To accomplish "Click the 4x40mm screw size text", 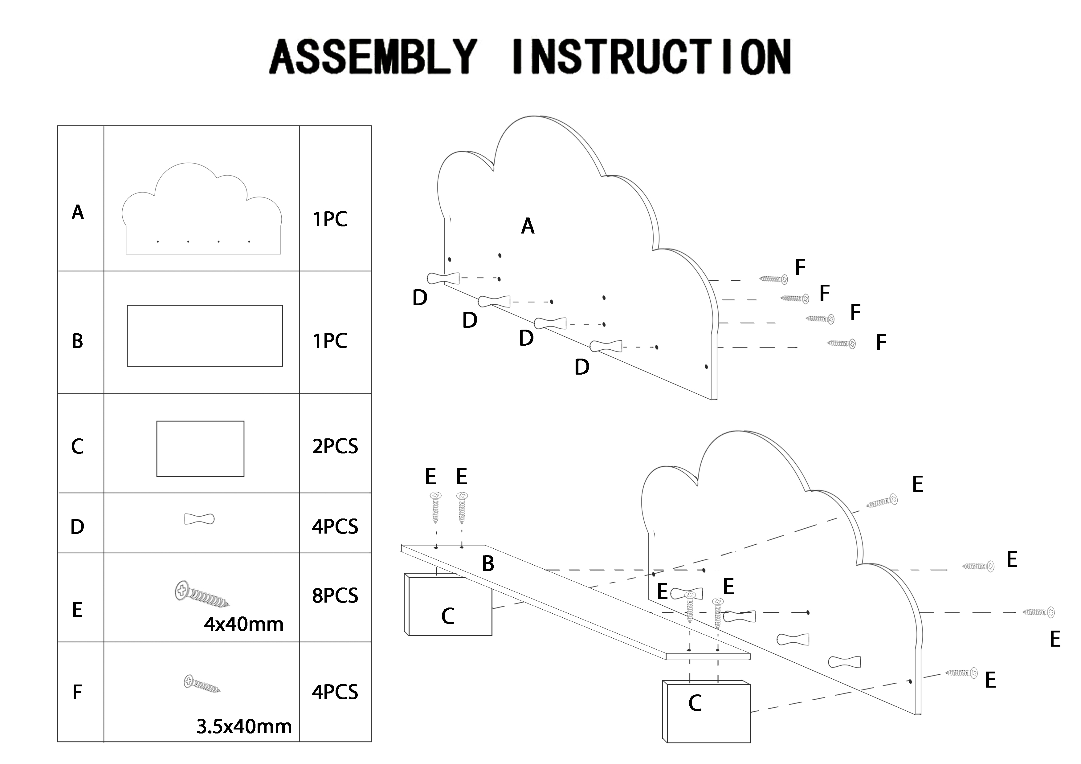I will (x=243, y=624).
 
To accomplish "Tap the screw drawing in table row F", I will (x=202, y=684).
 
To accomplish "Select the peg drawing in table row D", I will (x=199, y=519).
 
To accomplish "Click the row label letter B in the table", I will (x=78, y=341).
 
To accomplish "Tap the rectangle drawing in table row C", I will (x=200, y=449).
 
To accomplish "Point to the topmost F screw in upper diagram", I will (x=773, y=279).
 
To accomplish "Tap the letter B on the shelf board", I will (x=488, y=563).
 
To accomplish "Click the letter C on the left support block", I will (x=448, y=616).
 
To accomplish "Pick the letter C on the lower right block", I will (x=695, y=703).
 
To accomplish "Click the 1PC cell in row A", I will (x=330, y=219).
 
